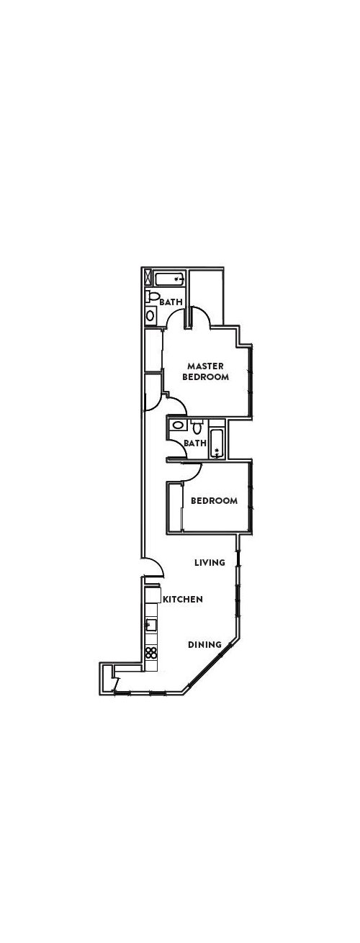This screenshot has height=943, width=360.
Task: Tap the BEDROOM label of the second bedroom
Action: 214,501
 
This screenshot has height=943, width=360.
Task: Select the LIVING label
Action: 210,563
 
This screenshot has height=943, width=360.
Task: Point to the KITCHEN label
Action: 183,599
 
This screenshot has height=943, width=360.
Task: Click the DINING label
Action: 204,646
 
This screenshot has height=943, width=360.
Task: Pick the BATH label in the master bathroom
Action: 171,302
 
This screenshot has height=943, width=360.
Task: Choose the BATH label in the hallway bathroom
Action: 194,443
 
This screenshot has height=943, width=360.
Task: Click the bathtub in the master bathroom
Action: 171,279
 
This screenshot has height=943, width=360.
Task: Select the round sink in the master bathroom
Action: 150,315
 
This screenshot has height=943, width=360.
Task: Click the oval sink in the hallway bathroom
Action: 178,426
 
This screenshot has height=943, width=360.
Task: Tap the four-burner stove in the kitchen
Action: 151,654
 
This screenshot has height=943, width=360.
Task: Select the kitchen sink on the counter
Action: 151,625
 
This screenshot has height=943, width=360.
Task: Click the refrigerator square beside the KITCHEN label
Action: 152,596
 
